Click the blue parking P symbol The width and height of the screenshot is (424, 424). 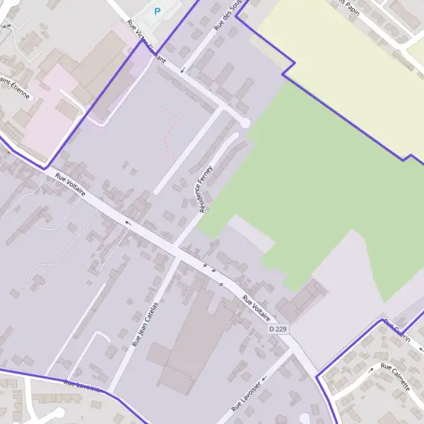[x=157, y=11]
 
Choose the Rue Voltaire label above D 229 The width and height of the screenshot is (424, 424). [x=257, y=310]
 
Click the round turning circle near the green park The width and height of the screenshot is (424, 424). [x=245, y=123]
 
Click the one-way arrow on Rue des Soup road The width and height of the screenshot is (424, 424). [x=183, y=69]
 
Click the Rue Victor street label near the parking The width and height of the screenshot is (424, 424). [x=146, y=42]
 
